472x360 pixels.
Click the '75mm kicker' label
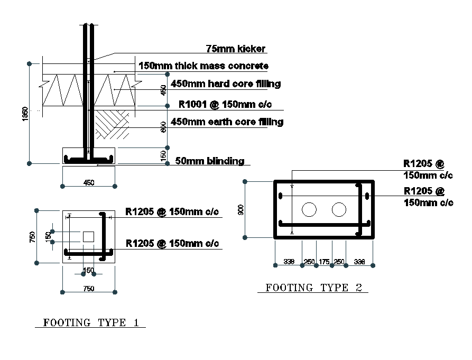(x=235, y=49)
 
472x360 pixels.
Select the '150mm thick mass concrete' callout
(x=203, y=66)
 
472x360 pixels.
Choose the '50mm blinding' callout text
(x=209, y=161)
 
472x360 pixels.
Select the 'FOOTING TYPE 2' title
(x=314, y=288)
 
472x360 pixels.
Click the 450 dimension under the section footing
(x=89, y=183)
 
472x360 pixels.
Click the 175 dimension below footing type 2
(x=324, y=261)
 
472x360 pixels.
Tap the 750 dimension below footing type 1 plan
(x=89, y=289)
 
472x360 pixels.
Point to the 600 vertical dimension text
(x=164, y=127)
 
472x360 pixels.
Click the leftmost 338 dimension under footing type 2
(x=289, y=261)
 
